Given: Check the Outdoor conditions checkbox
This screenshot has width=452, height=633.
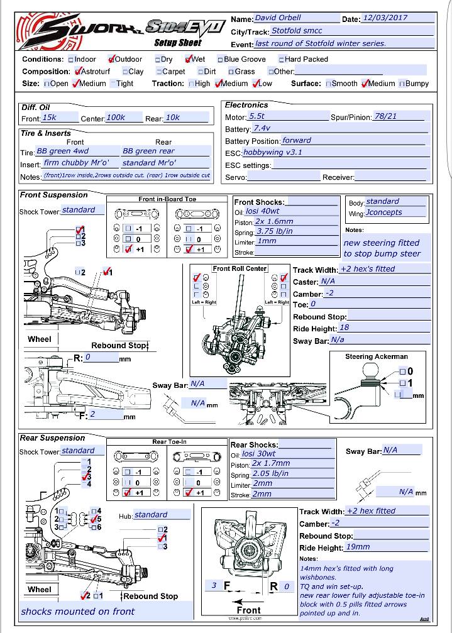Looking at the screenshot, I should click(x=111, y=59).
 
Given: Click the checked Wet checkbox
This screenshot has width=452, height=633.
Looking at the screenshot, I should click(x=189, y=59).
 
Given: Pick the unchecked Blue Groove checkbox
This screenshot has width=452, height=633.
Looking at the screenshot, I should click(x=220, y=60).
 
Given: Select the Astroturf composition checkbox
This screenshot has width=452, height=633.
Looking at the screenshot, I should click(x=77, y=72).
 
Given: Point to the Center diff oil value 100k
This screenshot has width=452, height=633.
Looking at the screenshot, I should click(x=116, y=118).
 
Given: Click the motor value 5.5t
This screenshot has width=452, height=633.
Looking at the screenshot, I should click(x=257, y=116).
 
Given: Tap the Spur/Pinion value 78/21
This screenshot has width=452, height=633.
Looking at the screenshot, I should click(x=385, y=116).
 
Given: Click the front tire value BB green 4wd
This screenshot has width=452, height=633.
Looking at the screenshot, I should click(x=62, y=151).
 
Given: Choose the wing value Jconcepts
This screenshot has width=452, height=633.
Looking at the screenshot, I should click(x=384, y=212).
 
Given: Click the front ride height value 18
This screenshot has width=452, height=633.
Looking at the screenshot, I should click(x=344, y=328).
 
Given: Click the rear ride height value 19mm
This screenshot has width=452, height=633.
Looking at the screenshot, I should click(x=358, y=547).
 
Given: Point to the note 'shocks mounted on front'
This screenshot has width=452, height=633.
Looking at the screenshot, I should click(x=78, y=611).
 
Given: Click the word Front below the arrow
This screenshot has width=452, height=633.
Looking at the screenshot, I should click(x=248, y=610).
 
